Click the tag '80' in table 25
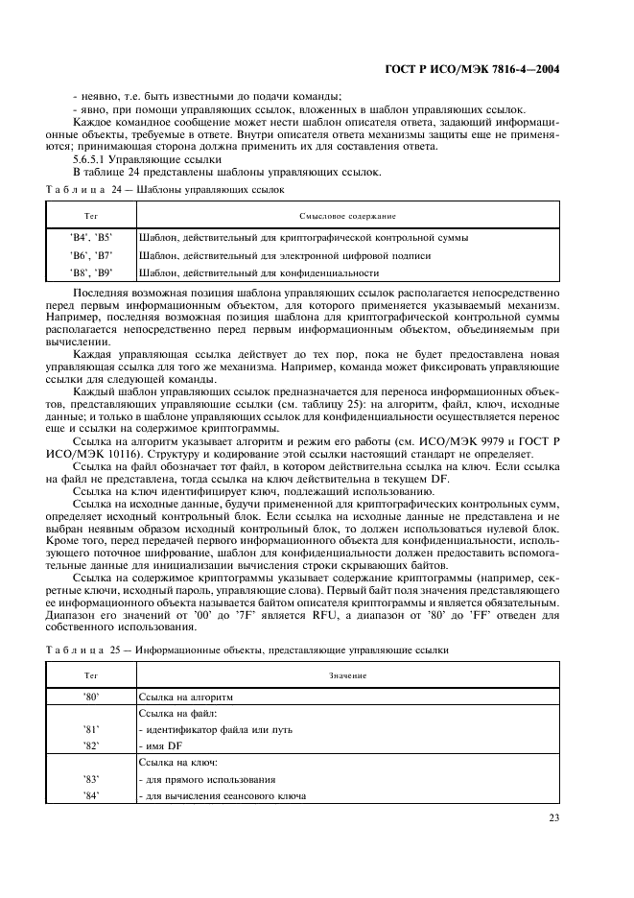click(x=92, y=697)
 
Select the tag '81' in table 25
click(x=92, y=730)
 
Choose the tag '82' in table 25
click(x=92, y=746)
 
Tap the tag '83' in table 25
click(x=92, y=779)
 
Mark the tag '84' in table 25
click(x=92, y=795)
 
